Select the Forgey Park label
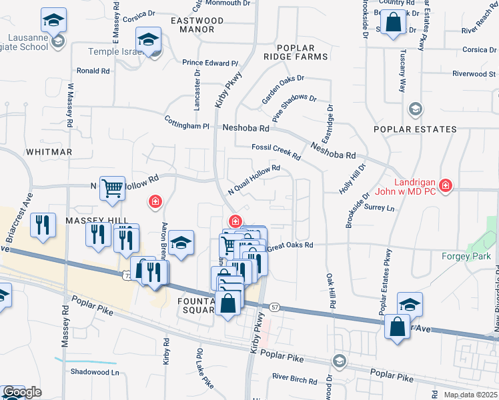466,256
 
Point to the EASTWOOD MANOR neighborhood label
197,25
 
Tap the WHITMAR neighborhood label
49,152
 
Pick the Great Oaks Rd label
290,246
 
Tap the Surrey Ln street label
380,208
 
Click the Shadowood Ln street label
94,373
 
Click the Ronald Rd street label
93,71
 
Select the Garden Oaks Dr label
283,89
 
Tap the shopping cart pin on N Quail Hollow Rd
112,187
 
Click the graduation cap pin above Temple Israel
148,39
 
